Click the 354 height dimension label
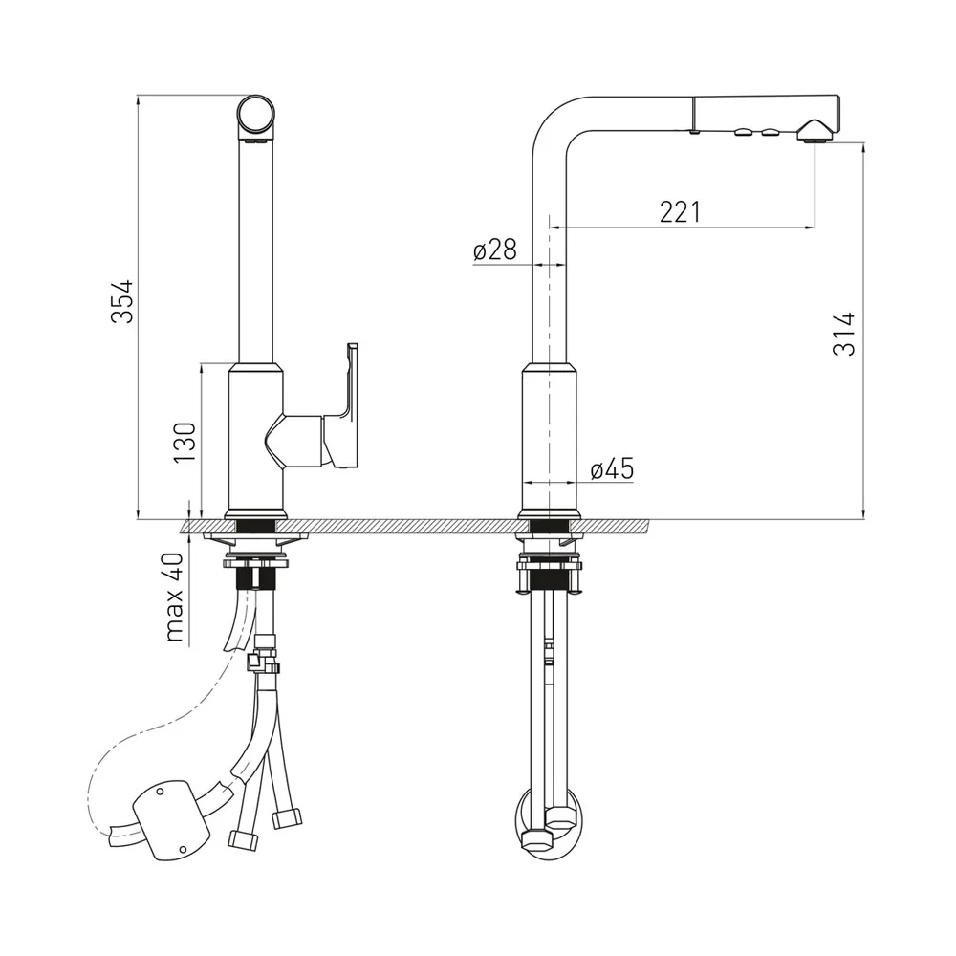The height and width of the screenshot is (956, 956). [x=122, y=301]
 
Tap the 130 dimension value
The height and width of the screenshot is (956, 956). [x=185, y=442]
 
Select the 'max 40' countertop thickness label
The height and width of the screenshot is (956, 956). [x=174, y=597]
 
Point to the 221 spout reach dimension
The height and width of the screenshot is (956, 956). [x=680, y=211]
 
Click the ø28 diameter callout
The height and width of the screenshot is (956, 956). [x=494, y=250]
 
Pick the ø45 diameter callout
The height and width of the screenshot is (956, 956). [x=612, y=468]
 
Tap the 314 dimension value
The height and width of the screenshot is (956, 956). [x=844, y=334]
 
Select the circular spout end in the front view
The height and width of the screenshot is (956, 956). [x=256, y=117]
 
